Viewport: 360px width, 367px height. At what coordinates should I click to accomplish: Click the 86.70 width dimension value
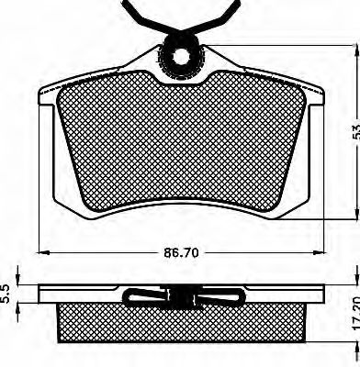181,252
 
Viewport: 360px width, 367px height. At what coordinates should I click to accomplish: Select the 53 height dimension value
354,131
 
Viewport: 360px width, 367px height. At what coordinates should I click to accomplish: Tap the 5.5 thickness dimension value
7,294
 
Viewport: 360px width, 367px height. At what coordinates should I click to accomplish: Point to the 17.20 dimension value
355,315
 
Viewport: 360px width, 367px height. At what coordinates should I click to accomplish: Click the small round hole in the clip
181,56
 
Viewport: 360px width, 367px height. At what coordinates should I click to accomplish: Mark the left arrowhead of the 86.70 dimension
43,252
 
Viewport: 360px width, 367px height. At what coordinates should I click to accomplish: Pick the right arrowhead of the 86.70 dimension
319,252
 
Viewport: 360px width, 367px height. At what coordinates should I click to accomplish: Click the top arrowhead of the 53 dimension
355,51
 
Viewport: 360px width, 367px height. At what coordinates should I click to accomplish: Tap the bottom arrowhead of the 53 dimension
355,213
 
